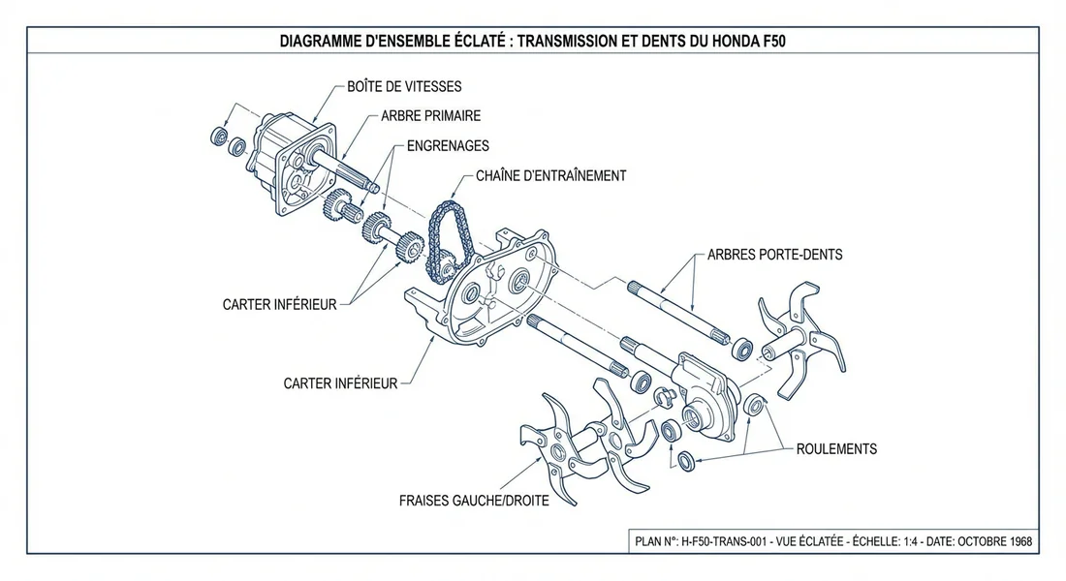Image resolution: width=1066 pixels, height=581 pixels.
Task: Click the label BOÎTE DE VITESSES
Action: [404, 87]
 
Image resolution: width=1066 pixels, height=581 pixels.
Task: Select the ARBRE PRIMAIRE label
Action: [430, 116]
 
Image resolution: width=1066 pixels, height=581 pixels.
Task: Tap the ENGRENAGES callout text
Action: [448, 146]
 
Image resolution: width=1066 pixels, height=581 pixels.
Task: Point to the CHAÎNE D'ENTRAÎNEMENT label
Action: [550, 176]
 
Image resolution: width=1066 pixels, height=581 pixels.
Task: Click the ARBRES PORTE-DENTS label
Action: [774, 255]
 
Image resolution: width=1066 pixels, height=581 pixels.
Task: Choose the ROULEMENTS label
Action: [836, 449]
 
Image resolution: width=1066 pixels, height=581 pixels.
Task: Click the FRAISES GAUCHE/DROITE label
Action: [474, 502]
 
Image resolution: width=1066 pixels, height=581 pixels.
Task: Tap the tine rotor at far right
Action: [799, 339]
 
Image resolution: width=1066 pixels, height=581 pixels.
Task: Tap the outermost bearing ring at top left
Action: [220, 135]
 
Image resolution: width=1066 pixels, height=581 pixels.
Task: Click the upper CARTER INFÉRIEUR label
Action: [280, 304]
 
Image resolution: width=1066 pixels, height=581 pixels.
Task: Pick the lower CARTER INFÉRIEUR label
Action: [340, 383]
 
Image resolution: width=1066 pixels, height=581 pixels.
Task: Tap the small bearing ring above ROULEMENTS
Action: [755, 405]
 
